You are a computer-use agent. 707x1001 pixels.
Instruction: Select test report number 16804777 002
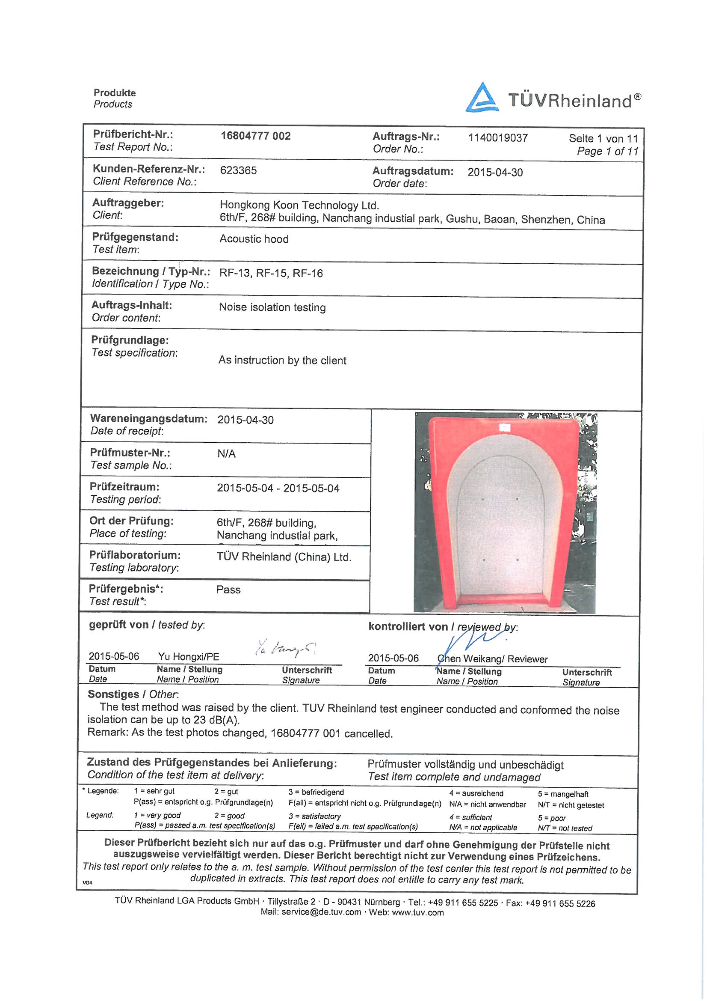tap(255, 136)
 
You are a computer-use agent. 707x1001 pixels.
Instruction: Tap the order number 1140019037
tap(497, 138)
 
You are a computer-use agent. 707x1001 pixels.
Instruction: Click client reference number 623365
tap(238, 170)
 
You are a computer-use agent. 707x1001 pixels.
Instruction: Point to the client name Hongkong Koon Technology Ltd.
tap(299, 205)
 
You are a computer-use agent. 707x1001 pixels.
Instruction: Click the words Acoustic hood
tap(254, 239)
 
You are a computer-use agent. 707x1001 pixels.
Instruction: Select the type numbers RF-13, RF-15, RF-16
tap(270, 273)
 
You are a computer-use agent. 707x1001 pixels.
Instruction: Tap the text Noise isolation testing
tap(272, 307)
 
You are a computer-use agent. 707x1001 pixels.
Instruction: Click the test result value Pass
tap(228, 590)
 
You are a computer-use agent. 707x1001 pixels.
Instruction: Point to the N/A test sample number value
tap(226, 454)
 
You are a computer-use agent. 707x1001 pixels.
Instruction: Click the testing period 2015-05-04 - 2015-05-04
tap(278, 488)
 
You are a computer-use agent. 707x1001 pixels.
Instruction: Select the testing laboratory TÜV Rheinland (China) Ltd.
tap(283, 557)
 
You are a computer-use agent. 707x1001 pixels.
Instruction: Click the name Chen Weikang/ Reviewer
tap(492, 659)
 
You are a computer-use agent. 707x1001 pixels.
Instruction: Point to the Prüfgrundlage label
tap(129, 340)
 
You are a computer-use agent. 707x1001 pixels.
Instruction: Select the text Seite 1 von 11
tap(603, 139)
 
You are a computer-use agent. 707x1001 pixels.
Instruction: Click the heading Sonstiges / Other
tap(133, 694)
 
